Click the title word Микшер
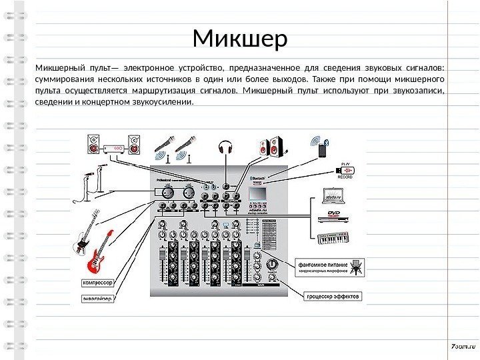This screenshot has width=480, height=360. tap(240, 39)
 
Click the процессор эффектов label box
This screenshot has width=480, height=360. tap(333, 295)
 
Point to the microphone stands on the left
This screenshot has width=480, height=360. tap(91, 186)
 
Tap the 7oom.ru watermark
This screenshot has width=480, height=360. tap(461, 347)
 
